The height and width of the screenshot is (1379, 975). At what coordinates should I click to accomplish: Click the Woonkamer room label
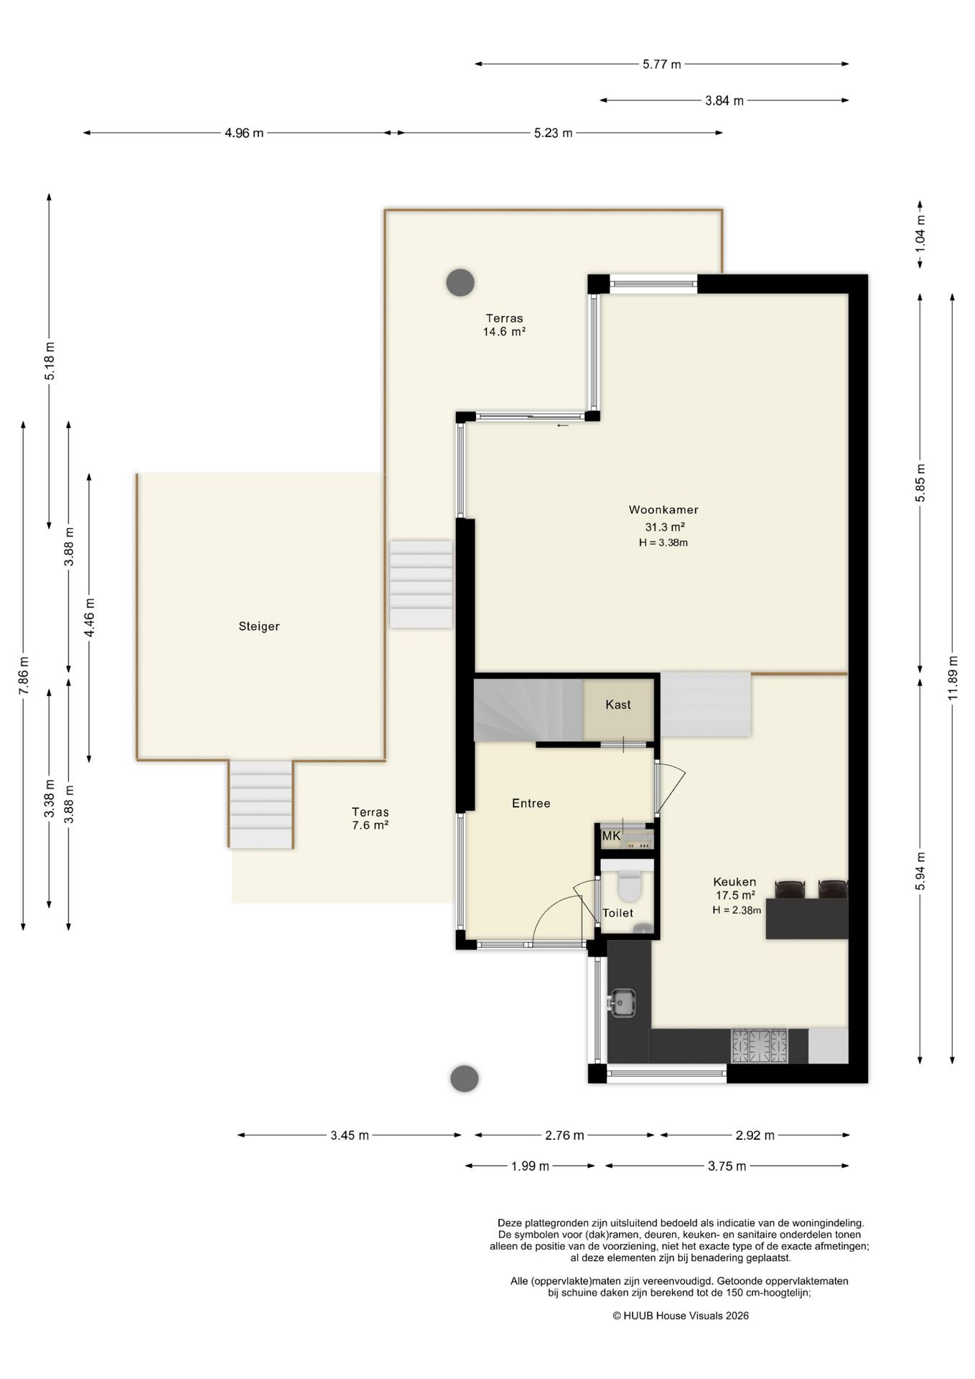point(663,510)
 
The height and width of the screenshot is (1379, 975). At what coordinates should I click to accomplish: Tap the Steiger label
point(259,626)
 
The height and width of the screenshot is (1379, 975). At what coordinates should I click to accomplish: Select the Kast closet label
point(618,705)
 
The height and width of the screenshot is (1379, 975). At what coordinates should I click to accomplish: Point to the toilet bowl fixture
point(630,886)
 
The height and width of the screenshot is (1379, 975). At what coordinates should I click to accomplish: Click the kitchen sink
point(622,1002)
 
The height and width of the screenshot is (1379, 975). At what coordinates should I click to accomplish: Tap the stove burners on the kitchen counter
point(760,1046)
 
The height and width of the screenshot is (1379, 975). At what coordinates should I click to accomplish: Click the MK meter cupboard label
point(612,836)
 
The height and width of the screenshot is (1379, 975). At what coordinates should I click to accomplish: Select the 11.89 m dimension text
point(953,678)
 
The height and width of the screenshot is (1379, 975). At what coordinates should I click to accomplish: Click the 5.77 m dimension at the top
point(662,64)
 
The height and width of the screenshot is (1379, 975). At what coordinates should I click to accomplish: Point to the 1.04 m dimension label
point(920,233)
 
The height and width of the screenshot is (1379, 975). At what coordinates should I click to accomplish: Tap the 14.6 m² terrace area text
point(505,332)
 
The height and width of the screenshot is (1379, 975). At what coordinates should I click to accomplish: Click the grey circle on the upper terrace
point(460,283)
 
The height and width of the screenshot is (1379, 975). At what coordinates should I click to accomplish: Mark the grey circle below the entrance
point(465,1078)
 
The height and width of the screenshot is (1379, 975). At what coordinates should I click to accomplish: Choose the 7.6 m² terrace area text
point(370,825)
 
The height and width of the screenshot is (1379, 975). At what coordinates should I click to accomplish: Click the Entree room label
point(531,803)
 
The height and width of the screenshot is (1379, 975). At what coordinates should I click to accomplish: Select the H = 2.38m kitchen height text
point(737,910)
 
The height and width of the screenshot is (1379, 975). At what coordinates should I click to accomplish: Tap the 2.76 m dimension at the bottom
point(564,1136)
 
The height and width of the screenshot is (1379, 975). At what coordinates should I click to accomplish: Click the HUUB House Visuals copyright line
point(681,1316)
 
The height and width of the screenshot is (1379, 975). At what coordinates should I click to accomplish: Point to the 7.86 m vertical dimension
point(24,676)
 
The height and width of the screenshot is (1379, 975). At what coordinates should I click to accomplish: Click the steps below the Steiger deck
point(261,804)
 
